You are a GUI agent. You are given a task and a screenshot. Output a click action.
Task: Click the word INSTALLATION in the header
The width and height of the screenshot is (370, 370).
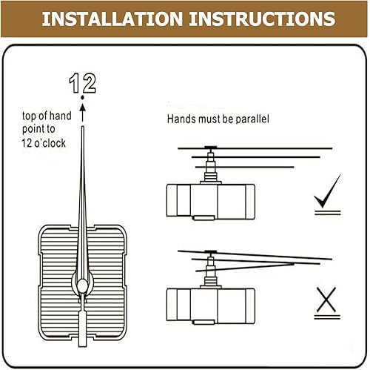click(112, 19)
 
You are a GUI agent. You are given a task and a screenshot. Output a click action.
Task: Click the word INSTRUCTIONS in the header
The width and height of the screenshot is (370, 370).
click(262, 19)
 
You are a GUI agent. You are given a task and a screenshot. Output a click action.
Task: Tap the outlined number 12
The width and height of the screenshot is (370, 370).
click(82, 83)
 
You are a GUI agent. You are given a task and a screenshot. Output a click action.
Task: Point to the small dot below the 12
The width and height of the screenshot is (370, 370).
click(82, 98)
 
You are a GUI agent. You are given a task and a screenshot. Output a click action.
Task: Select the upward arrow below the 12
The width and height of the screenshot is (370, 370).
click(83, 113)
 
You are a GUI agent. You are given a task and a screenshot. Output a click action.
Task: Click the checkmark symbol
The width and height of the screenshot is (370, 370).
click(327, 191)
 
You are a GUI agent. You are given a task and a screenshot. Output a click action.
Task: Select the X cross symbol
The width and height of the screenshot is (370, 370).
click(326, 300)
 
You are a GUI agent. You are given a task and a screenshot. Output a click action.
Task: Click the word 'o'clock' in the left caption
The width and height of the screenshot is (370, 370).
click(50, 143)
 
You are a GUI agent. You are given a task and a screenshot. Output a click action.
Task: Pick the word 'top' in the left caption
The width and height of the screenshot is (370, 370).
click(29, 116)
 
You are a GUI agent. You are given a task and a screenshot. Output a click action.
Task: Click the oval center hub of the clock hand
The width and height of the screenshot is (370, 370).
click(82, 285)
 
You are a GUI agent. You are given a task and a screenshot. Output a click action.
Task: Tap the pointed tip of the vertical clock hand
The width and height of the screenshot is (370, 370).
click(83, 127)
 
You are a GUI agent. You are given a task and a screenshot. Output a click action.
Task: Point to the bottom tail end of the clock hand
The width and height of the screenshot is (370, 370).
click(83, 346)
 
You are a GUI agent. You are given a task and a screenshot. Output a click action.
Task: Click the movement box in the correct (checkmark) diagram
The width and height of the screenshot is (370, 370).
click(211, 202)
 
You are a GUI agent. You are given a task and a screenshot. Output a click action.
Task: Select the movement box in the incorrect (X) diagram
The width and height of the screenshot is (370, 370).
click(211, 306)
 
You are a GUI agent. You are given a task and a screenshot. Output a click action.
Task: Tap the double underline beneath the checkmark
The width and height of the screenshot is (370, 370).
click(328, 213)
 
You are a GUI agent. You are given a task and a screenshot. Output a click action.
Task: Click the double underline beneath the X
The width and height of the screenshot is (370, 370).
click(327, 317)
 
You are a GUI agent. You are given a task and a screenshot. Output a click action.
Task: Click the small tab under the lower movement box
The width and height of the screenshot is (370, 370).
click(203, 322)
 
